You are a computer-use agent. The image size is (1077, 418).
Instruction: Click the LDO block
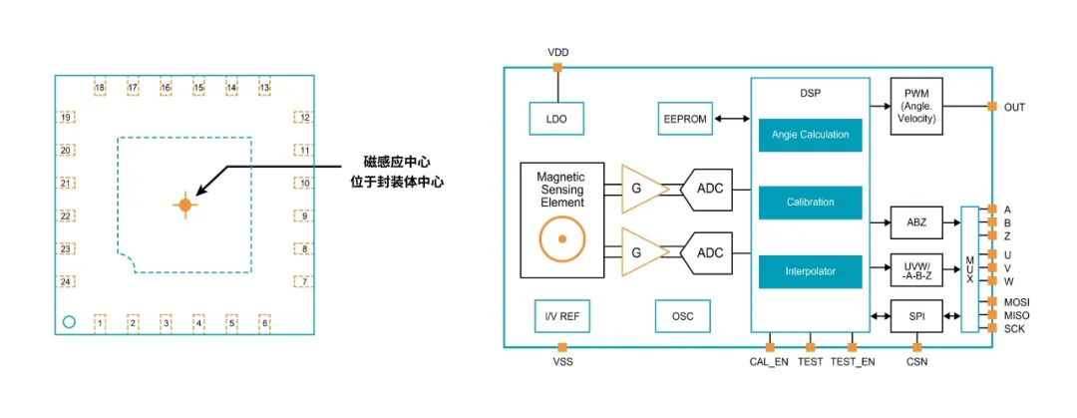click(x=556, y=119)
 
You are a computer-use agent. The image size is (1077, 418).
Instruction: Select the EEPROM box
click(x=685, y=119)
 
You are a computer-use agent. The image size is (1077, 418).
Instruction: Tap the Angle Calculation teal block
click(x=810, y=135)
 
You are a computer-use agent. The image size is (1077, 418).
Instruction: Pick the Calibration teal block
click(x=810, y=203)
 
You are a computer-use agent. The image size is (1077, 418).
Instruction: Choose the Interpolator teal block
click(x=810, y=270)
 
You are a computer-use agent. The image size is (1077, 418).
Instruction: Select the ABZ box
click(x=915, y=222)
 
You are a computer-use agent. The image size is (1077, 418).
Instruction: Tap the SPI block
click(x=915, y=316)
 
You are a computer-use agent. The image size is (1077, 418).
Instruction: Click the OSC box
click(x=682, y=316)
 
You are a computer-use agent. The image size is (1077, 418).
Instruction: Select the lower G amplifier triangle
click(x=639, y=252)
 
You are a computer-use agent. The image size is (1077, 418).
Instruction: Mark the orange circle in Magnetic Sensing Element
click(x=562, y=239)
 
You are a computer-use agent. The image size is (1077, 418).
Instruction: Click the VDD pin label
click(x=558, y=52)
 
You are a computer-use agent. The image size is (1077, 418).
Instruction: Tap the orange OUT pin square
click(x=991, y=107)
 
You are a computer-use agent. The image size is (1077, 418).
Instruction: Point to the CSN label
click(x=916, y=361)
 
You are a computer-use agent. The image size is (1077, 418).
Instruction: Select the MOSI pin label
click(x=1016, y=300)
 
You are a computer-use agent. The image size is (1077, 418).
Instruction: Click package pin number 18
click(x=100, y=89)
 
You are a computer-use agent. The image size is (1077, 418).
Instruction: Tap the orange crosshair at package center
click(x=184, y=205)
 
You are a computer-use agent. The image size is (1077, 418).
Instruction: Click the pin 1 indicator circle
click(x=69, y=321)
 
